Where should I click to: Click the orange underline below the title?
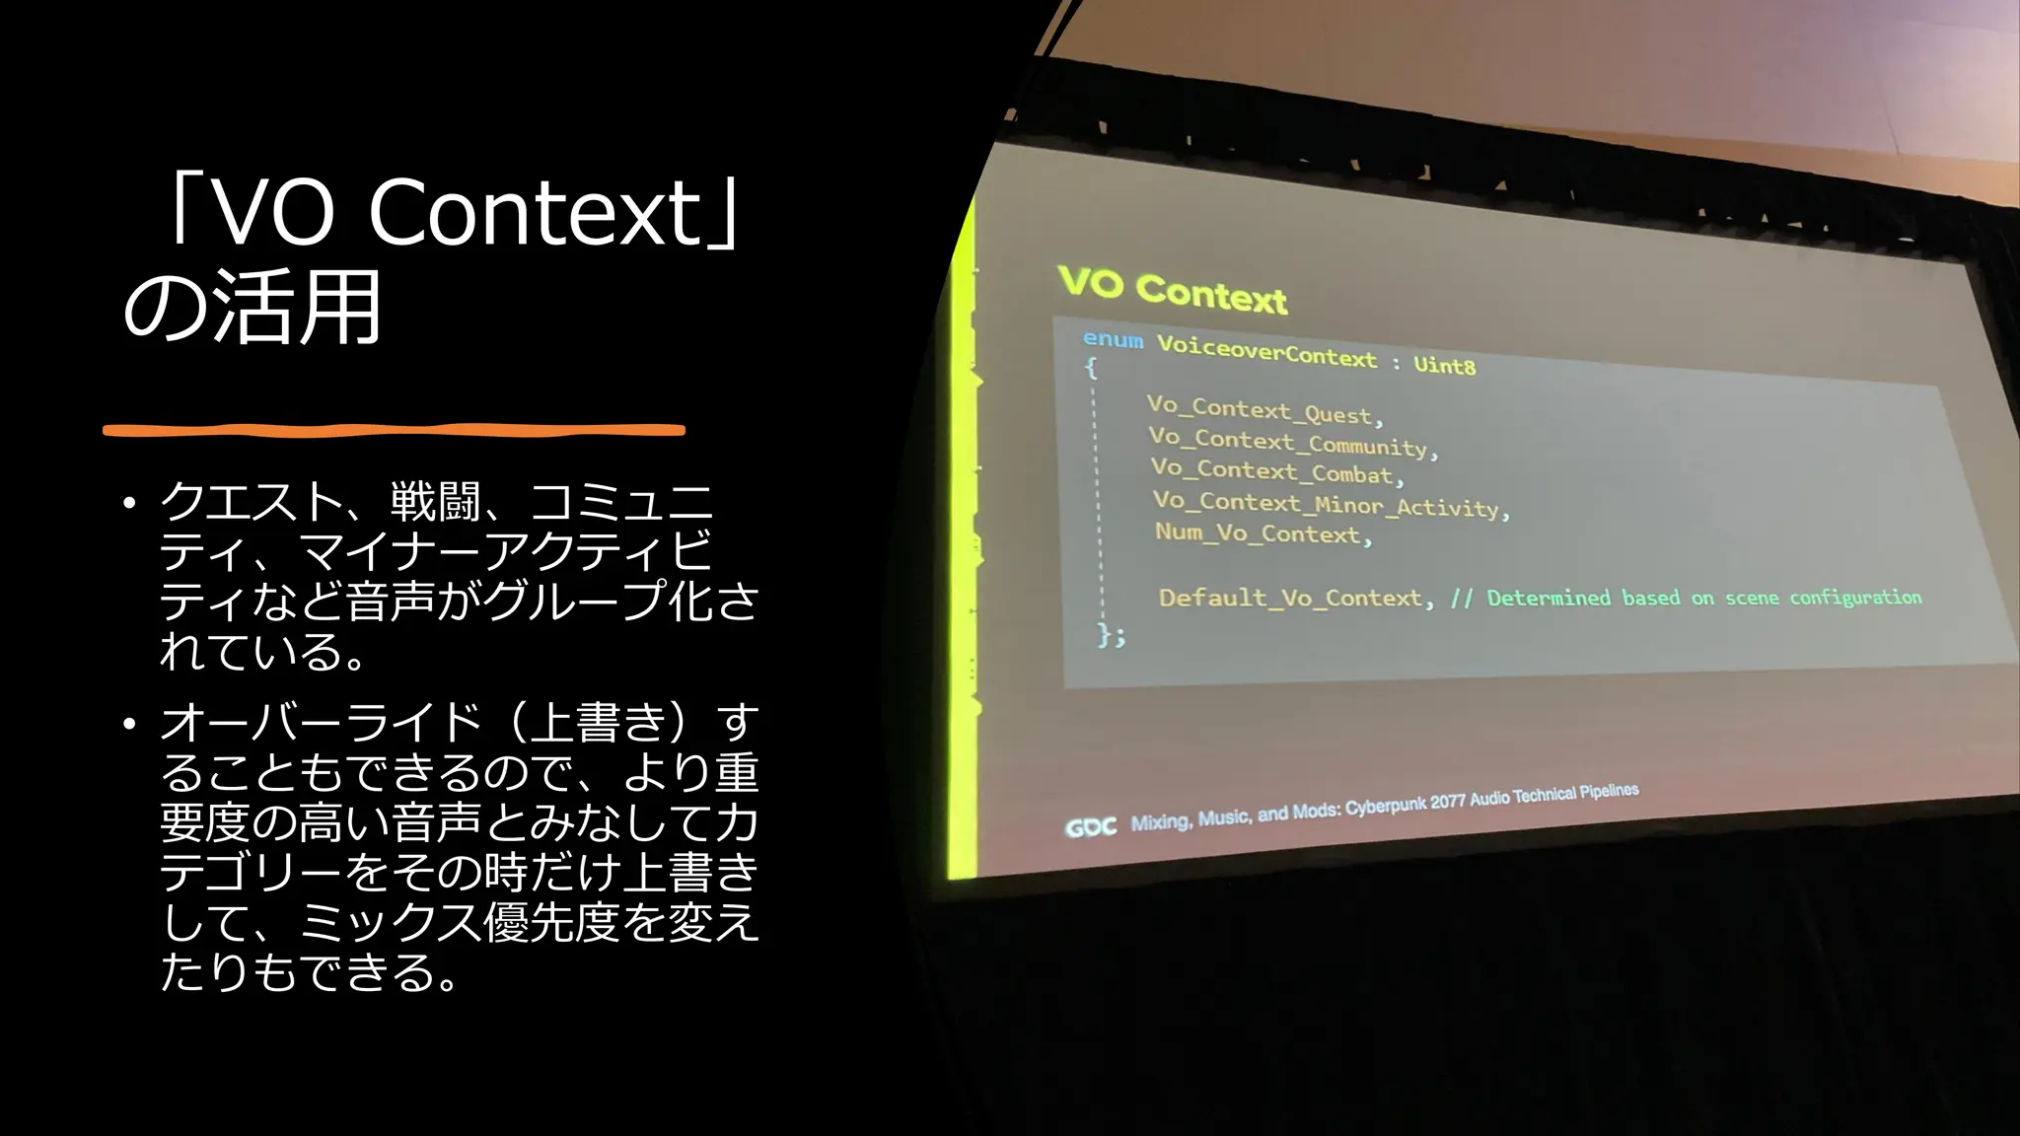pos(394,430)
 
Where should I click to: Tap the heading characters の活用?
pos(252,308)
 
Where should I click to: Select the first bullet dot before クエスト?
pos(128,504)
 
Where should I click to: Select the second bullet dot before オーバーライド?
pos(128,725)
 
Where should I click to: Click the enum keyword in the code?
pos(1113,340)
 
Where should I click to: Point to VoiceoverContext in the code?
pos(1266,351)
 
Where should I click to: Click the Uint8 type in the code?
pos(1444,365)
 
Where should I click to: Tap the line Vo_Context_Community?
pos(1292,443)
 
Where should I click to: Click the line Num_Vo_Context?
pos(1262,533)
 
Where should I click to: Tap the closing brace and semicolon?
pos(1111,635)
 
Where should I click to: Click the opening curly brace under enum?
pos(1091,369)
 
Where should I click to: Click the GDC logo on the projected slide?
pos(1090,827)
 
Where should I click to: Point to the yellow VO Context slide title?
pos(1172,290)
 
